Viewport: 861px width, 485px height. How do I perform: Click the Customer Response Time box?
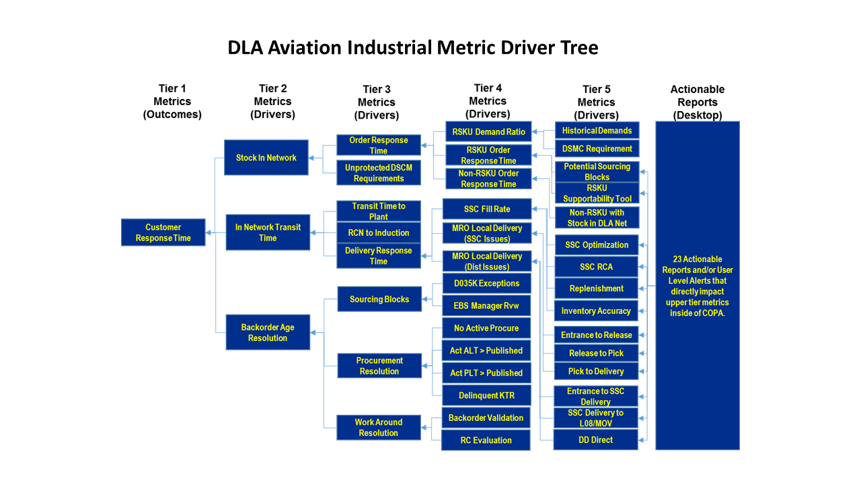[163, 232]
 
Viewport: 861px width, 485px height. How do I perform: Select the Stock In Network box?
[266, 158]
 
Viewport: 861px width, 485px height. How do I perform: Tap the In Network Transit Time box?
[267, 232]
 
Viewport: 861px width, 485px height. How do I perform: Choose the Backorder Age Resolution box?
[267, 333]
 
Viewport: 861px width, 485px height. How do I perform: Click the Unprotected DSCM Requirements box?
[378, 173]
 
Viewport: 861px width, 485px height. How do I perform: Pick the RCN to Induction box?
[378, 233]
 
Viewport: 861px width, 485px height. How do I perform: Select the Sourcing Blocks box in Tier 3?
[379, 299]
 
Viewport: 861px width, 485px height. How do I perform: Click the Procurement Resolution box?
[379, 366]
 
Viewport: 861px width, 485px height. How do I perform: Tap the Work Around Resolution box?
[378, 428]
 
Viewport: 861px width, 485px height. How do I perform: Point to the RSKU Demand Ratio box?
[488, 132]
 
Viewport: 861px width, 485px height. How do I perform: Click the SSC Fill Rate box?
[486, 209]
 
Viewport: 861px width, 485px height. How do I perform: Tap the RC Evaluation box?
[486, 440]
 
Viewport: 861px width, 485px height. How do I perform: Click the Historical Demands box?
[597, 131]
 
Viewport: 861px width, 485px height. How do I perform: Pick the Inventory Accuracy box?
[596, 311]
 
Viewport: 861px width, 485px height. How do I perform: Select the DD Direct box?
[595, 440]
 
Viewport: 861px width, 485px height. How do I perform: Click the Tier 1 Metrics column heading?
[172, 101]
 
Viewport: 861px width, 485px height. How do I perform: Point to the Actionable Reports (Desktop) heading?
[698, 102]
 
